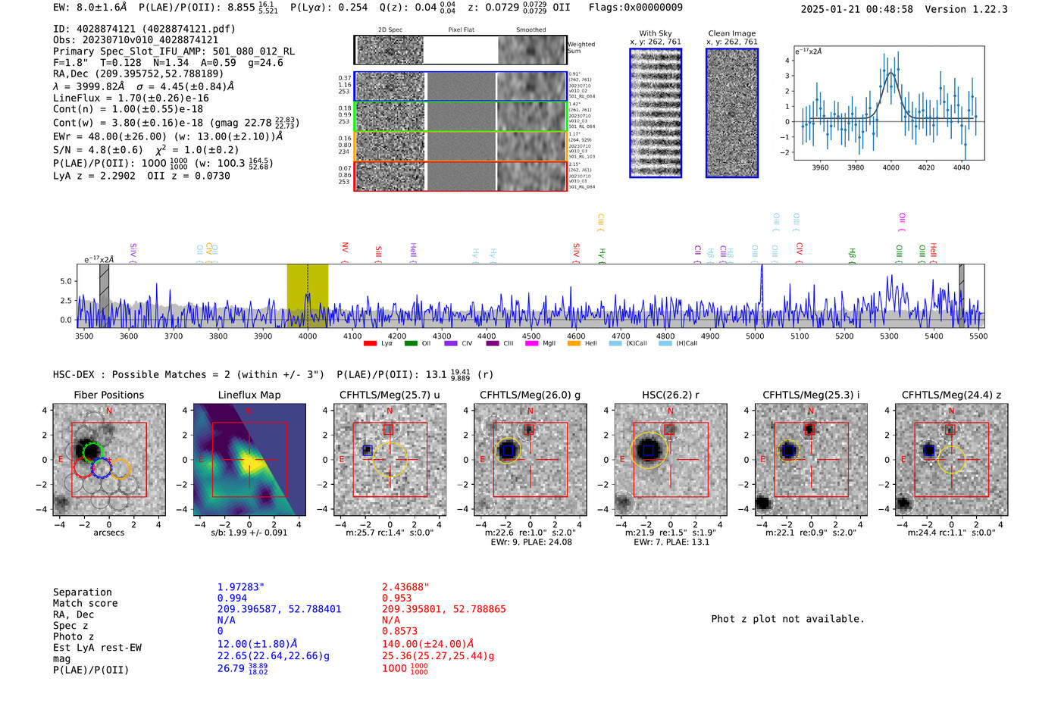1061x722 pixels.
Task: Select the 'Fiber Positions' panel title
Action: coord(108,395)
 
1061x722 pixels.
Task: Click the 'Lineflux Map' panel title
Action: coord(249,395)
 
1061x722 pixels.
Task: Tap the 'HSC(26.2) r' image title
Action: coord(670,395)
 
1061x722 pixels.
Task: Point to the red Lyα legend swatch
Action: coord(370,343)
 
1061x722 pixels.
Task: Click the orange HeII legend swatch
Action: coord(574,343)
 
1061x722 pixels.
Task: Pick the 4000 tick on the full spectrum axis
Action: coord(308,336)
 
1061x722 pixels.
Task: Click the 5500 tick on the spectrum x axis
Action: coord(978,336)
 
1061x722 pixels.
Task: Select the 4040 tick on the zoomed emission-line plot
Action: coord(961,167)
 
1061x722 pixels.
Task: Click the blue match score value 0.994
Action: coord(232,598)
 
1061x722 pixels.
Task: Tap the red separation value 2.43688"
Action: coord(405,587)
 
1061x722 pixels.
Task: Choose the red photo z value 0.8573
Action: coord(399,631)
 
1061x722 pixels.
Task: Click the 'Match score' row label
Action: coord(85,603)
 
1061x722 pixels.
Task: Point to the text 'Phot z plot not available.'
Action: coord(787,619)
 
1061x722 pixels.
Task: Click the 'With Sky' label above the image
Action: coord(656,33)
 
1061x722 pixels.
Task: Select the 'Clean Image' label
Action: coord(731,33)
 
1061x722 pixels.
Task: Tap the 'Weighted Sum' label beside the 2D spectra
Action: coord(581,47)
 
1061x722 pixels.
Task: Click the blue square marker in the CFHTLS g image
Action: coord(508,451)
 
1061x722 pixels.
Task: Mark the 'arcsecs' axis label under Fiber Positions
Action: coord(108,533)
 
